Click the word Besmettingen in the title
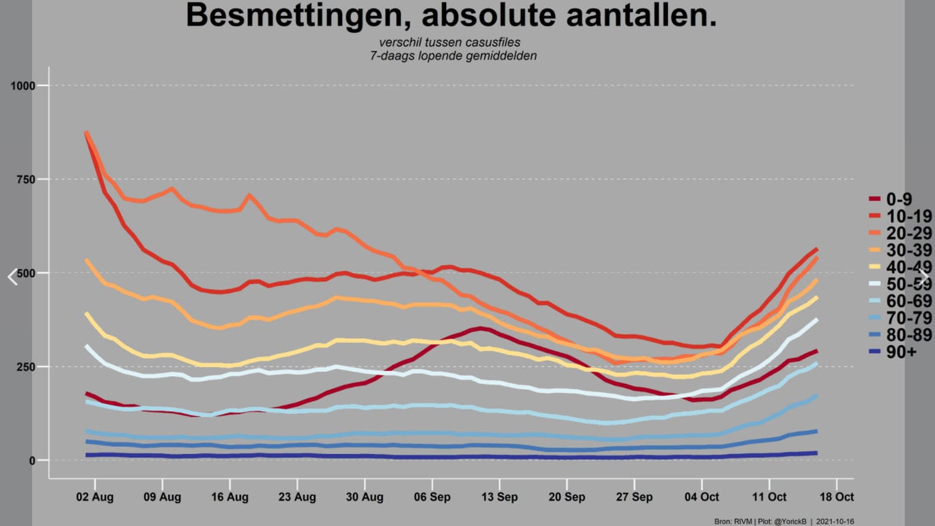(299, 16)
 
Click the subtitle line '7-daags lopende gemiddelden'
(453, 56)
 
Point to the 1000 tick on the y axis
(23, 86)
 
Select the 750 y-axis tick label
(26, 180)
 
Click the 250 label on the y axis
(26, 367)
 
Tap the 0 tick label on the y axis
(32, 461)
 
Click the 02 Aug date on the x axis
(95, 497)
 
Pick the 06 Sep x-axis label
(432, 497)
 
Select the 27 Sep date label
(634, 497)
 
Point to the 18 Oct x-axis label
(836, 497)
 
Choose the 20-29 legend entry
(900, 233)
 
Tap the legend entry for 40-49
(900, 267)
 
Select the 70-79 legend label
(900, 318)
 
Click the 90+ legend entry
(893, 352)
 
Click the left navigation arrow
(13, 277)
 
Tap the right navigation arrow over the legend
(923, 277)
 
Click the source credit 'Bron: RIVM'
(733, 521)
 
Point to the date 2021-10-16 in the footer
(835, 521)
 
